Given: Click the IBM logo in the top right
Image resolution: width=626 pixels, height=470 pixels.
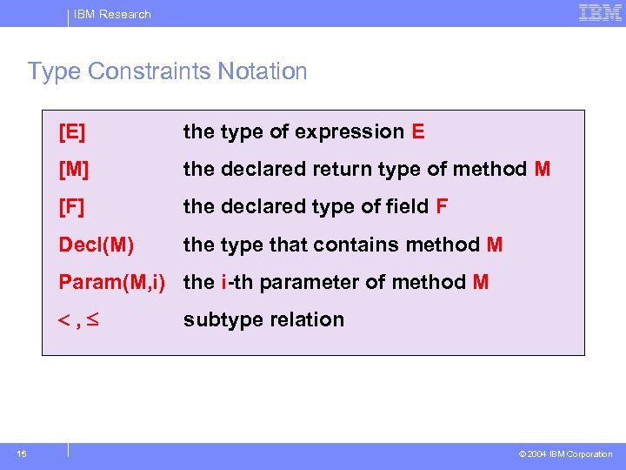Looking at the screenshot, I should pos(600,13).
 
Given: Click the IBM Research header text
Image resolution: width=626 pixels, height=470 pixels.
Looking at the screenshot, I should pos(112,14).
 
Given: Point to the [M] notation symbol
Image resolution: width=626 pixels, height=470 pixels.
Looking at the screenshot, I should pos(74,170).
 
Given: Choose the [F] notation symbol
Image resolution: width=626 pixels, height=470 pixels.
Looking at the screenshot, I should pos(71,207).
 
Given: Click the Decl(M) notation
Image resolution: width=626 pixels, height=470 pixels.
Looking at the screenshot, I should pos(96,245).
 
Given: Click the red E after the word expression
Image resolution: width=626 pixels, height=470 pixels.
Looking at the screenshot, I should pos(418,132).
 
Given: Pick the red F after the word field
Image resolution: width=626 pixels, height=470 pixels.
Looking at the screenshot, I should pos(442,207).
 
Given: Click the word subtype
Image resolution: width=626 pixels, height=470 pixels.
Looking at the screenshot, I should pos(216,320).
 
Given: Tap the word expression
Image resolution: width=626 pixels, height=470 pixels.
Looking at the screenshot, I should pos(349,132).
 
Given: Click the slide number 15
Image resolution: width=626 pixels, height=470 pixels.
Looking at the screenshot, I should pos(22,453).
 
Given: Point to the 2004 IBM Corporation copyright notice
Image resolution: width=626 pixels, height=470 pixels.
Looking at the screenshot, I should pos(565,454).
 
